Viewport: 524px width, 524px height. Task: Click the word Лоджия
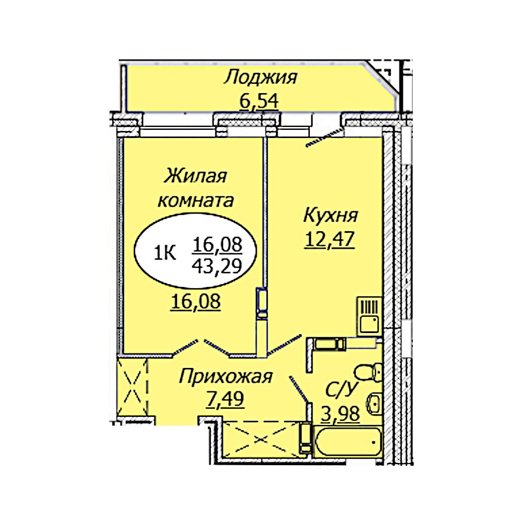[x=261, y=78]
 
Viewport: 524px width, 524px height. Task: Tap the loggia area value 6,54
[x=259, y=101]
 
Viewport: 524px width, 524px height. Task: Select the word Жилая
[x=196, y=176]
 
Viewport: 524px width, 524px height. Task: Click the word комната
[x=196, y=201]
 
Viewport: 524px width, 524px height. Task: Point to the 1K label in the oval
[x=164, y=254]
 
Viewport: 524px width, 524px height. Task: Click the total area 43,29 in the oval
[x=217, y=266]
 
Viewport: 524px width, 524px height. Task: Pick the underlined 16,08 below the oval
[x=196, y=302]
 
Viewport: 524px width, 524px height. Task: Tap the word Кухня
[x=331, y=215]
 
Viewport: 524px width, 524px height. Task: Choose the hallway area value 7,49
[x=225, y=399]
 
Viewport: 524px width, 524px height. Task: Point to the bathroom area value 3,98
[x=340, y=415]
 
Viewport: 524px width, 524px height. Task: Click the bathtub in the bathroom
[x=348, y=441]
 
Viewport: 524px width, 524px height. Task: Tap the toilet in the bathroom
[x=367, y=371]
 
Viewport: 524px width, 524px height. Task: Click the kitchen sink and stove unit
[x=369, y=316]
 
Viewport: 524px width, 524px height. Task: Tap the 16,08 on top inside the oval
[x=217, y=245]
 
